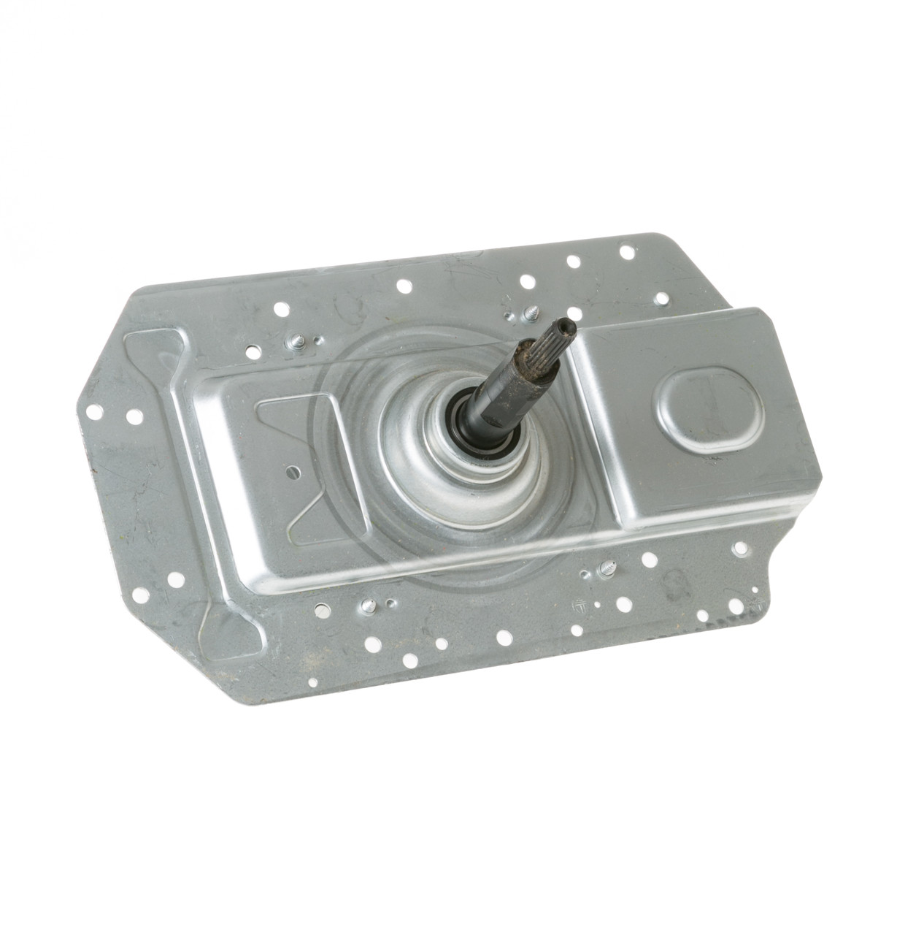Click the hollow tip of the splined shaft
(x=564, y=327)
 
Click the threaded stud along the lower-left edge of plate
(x=369, y=604)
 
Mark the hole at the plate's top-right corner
(x=627, y=252)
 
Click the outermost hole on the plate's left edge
(x=94, y=411)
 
